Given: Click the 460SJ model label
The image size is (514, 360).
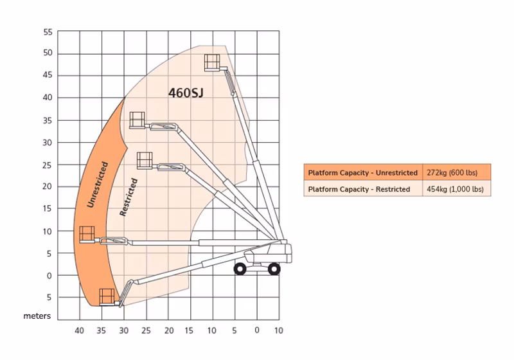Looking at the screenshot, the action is pyautogui.click(x=186, y=93).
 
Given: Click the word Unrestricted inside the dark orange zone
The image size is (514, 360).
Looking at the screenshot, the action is pyautogui.click(x=98, y=184).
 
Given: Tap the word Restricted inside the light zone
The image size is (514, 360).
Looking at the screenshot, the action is pyautogui.click(x=128, y=197).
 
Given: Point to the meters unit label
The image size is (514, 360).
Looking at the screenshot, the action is pyautogui.click(x=37, y=316).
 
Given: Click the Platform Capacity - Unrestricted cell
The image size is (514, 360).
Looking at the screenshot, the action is pyautogui.click(x=363, y=172).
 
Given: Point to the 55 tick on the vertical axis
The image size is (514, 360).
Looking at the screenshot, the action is pyautogui.click(x=48, y=32).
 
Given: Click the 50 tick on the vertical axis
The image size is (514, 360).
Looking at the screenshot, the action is pyautogui.click(x=48, y=53).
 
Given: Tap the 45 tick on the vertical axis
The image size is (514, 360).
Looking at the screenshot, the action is pyautogui.click(x=48, y=75).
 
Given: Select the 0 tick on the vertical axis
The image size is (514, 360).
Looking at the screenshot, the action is pyautogui.click(x=49, y=276).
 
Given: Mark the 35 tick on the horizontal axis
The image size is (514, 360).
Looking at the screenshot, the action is pyautogui.click(x=102, y=330).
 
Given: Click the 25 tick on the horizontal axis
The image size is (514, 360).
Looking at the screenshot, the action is pyautogui.click(x=146, y=330).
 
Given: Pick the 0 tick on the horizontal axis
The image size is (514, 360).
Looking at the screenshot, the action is pyautogui.click(x=257, y=330).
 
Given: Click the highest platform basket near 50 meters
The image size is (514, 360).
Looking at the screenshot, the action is pyautogui.click(x=212, y=62).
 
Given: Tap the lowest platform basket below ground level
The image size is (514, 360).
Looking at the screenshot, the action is pyautogui.click(x=107, y=297).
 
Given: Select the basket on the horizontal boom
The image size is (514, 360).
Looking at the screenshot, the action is pyautogui.click(x=87, y=235).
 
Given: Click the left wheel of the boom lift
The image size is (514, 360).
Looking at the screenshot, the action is pyautogui.click(x=240, y=269).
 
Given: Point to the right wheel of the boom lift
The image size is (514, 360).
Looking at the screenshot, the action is pyautogui.click(x=274, y=269).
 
